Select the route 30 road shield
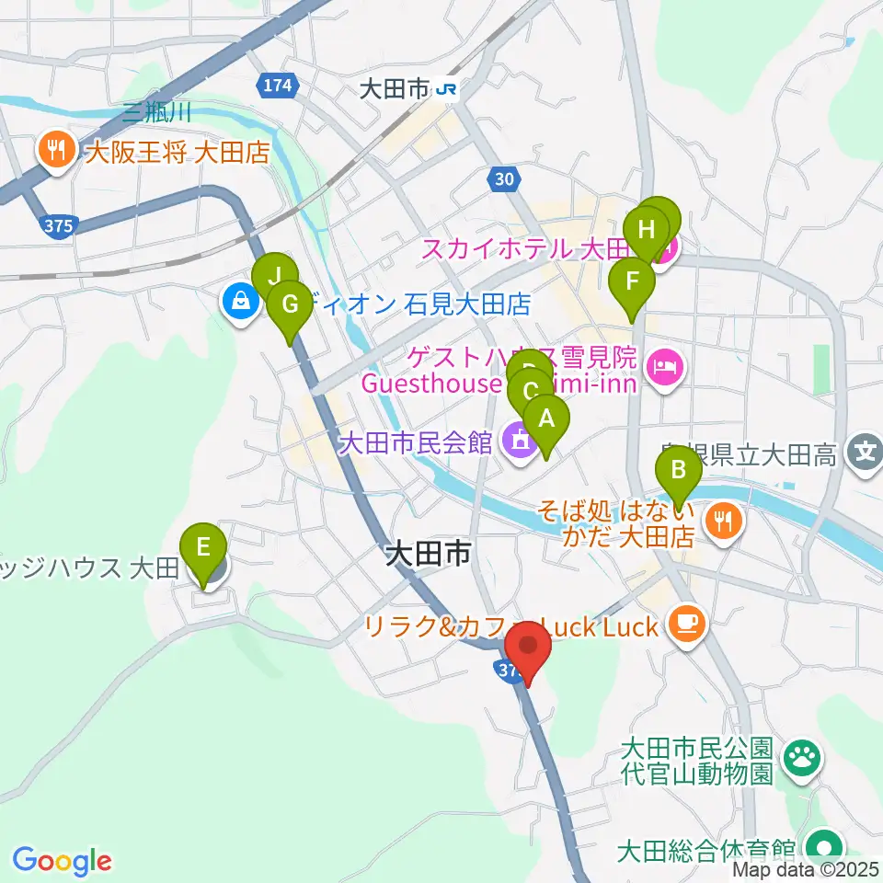click(502, 181)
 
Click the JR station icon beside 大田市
click(448, 89)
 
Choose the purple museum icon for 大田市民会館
click(520, 442)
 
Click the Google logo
click(61, 860)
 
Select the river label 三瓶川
click(156, 113)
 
